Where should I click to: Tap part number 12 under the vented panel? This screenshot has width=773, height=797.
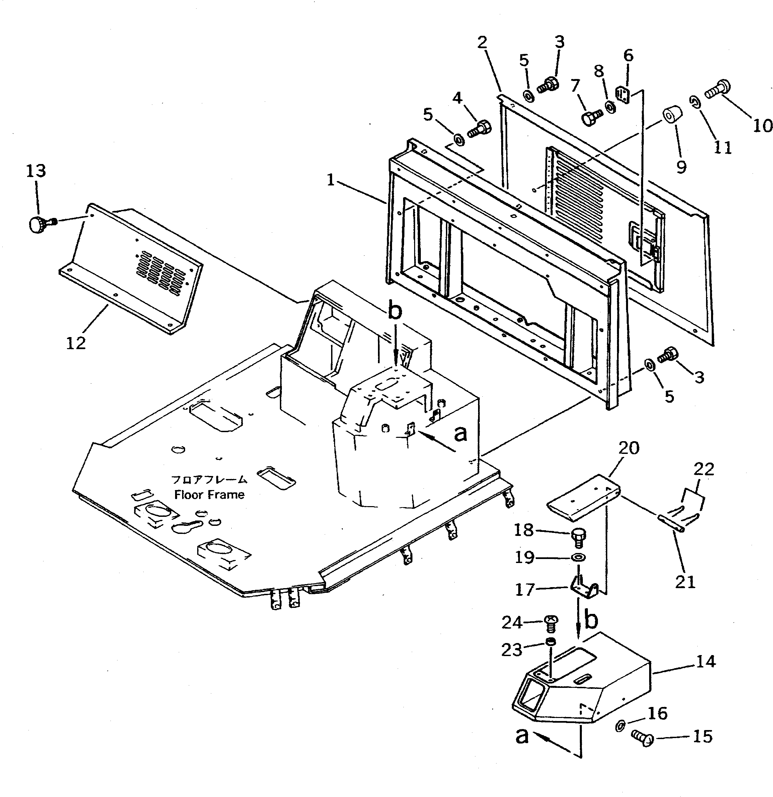point(76,343)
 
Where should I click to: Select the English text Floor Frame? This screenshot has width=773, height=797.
point(210,494)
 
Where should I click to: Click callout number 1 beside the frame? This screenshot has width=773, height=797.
point(331,180)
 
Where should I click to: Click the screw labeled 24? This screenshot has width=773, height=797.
point(551,623)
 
